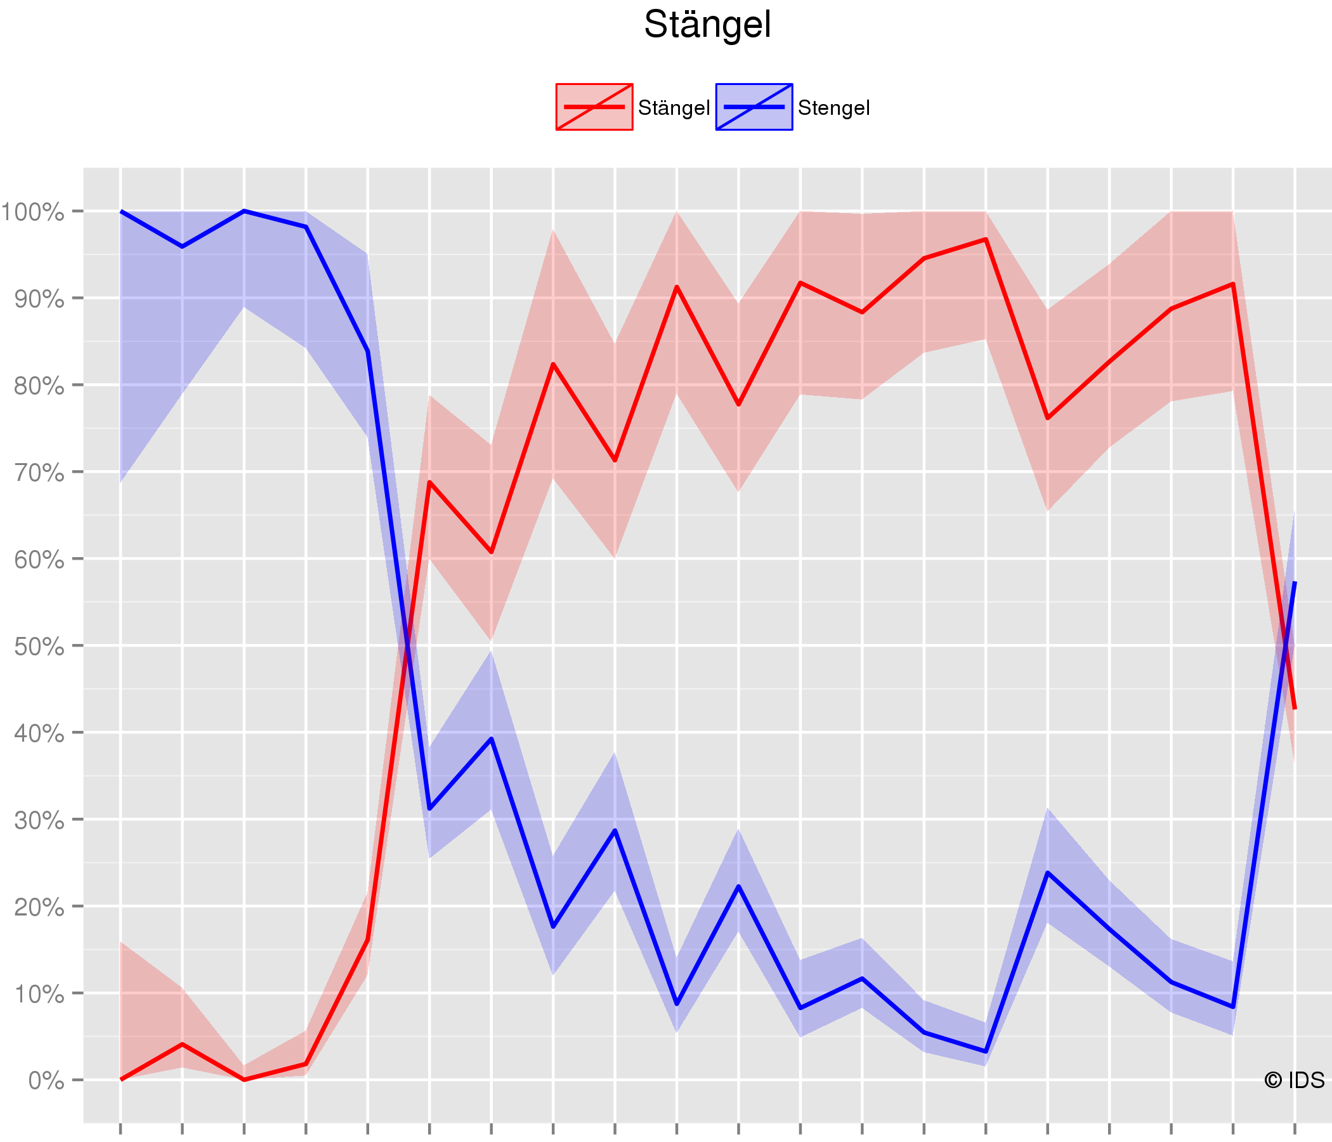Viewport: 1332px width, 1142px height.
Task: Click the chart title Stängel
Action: coord(707,26)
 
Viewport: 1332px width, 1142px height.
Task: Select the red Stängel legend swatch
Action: coord(594,107)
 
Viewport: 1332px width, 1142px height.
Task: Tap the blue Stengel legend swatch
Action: coord(754,107)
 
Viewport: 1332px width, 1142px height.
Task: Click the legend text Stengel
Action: coord(834,108)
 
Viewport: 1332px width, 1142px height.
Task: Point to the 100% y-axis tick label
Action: coord(32,212)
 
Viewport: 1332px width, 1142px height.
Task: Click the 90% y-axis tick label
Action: coord(39,299)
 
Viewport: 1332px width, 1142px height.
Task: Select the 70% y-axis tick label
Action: coord(39,473)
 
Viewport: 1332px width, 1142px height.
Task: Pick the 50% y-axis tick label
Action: coord(39,647)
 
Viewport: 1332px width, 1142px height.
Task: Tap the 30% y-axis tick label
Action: coord(39,821)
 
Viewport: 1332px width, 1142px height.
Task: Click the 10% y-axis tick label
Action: coord(39,995)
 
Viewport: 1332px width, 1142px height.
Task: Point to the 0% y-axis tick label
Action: coord(46,1081)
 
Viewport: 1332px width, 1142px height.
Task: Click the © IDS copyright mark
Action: coord(1294,1080)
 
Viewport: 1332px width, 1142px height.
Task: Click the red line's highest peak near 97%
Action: coord(986,239)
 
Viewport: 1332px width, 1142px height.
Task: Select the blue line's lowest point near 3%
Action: coord(986,1051)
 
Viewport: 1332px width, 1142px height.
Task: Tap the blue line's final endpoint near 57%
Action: coord(1294,582)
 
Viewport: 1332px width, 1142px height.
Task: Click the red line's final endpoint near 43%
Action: coord(1294,708)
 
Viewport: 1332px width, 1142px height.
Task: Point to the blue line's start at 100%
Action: coord(121,211)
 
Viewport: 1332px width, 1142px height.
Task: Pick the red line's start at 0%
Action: coord(121,1080)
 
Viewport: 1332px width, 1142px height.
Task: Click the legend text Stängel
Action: coord(674,108)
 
